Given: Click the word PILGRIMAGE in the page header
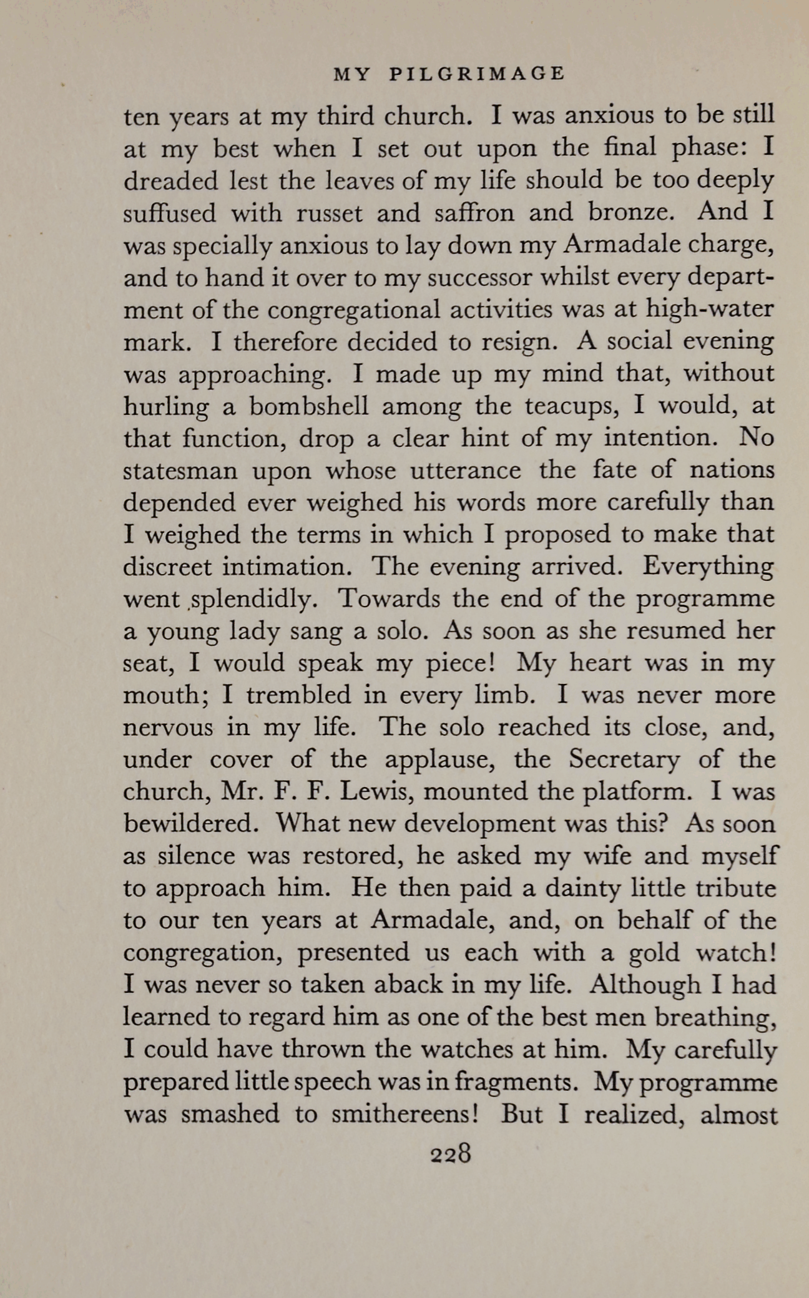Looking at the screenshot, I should [478, 74].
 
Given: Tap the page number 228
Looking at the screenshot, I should [449, 1153].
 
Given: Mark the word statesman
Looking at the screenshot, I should [180, 471].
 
